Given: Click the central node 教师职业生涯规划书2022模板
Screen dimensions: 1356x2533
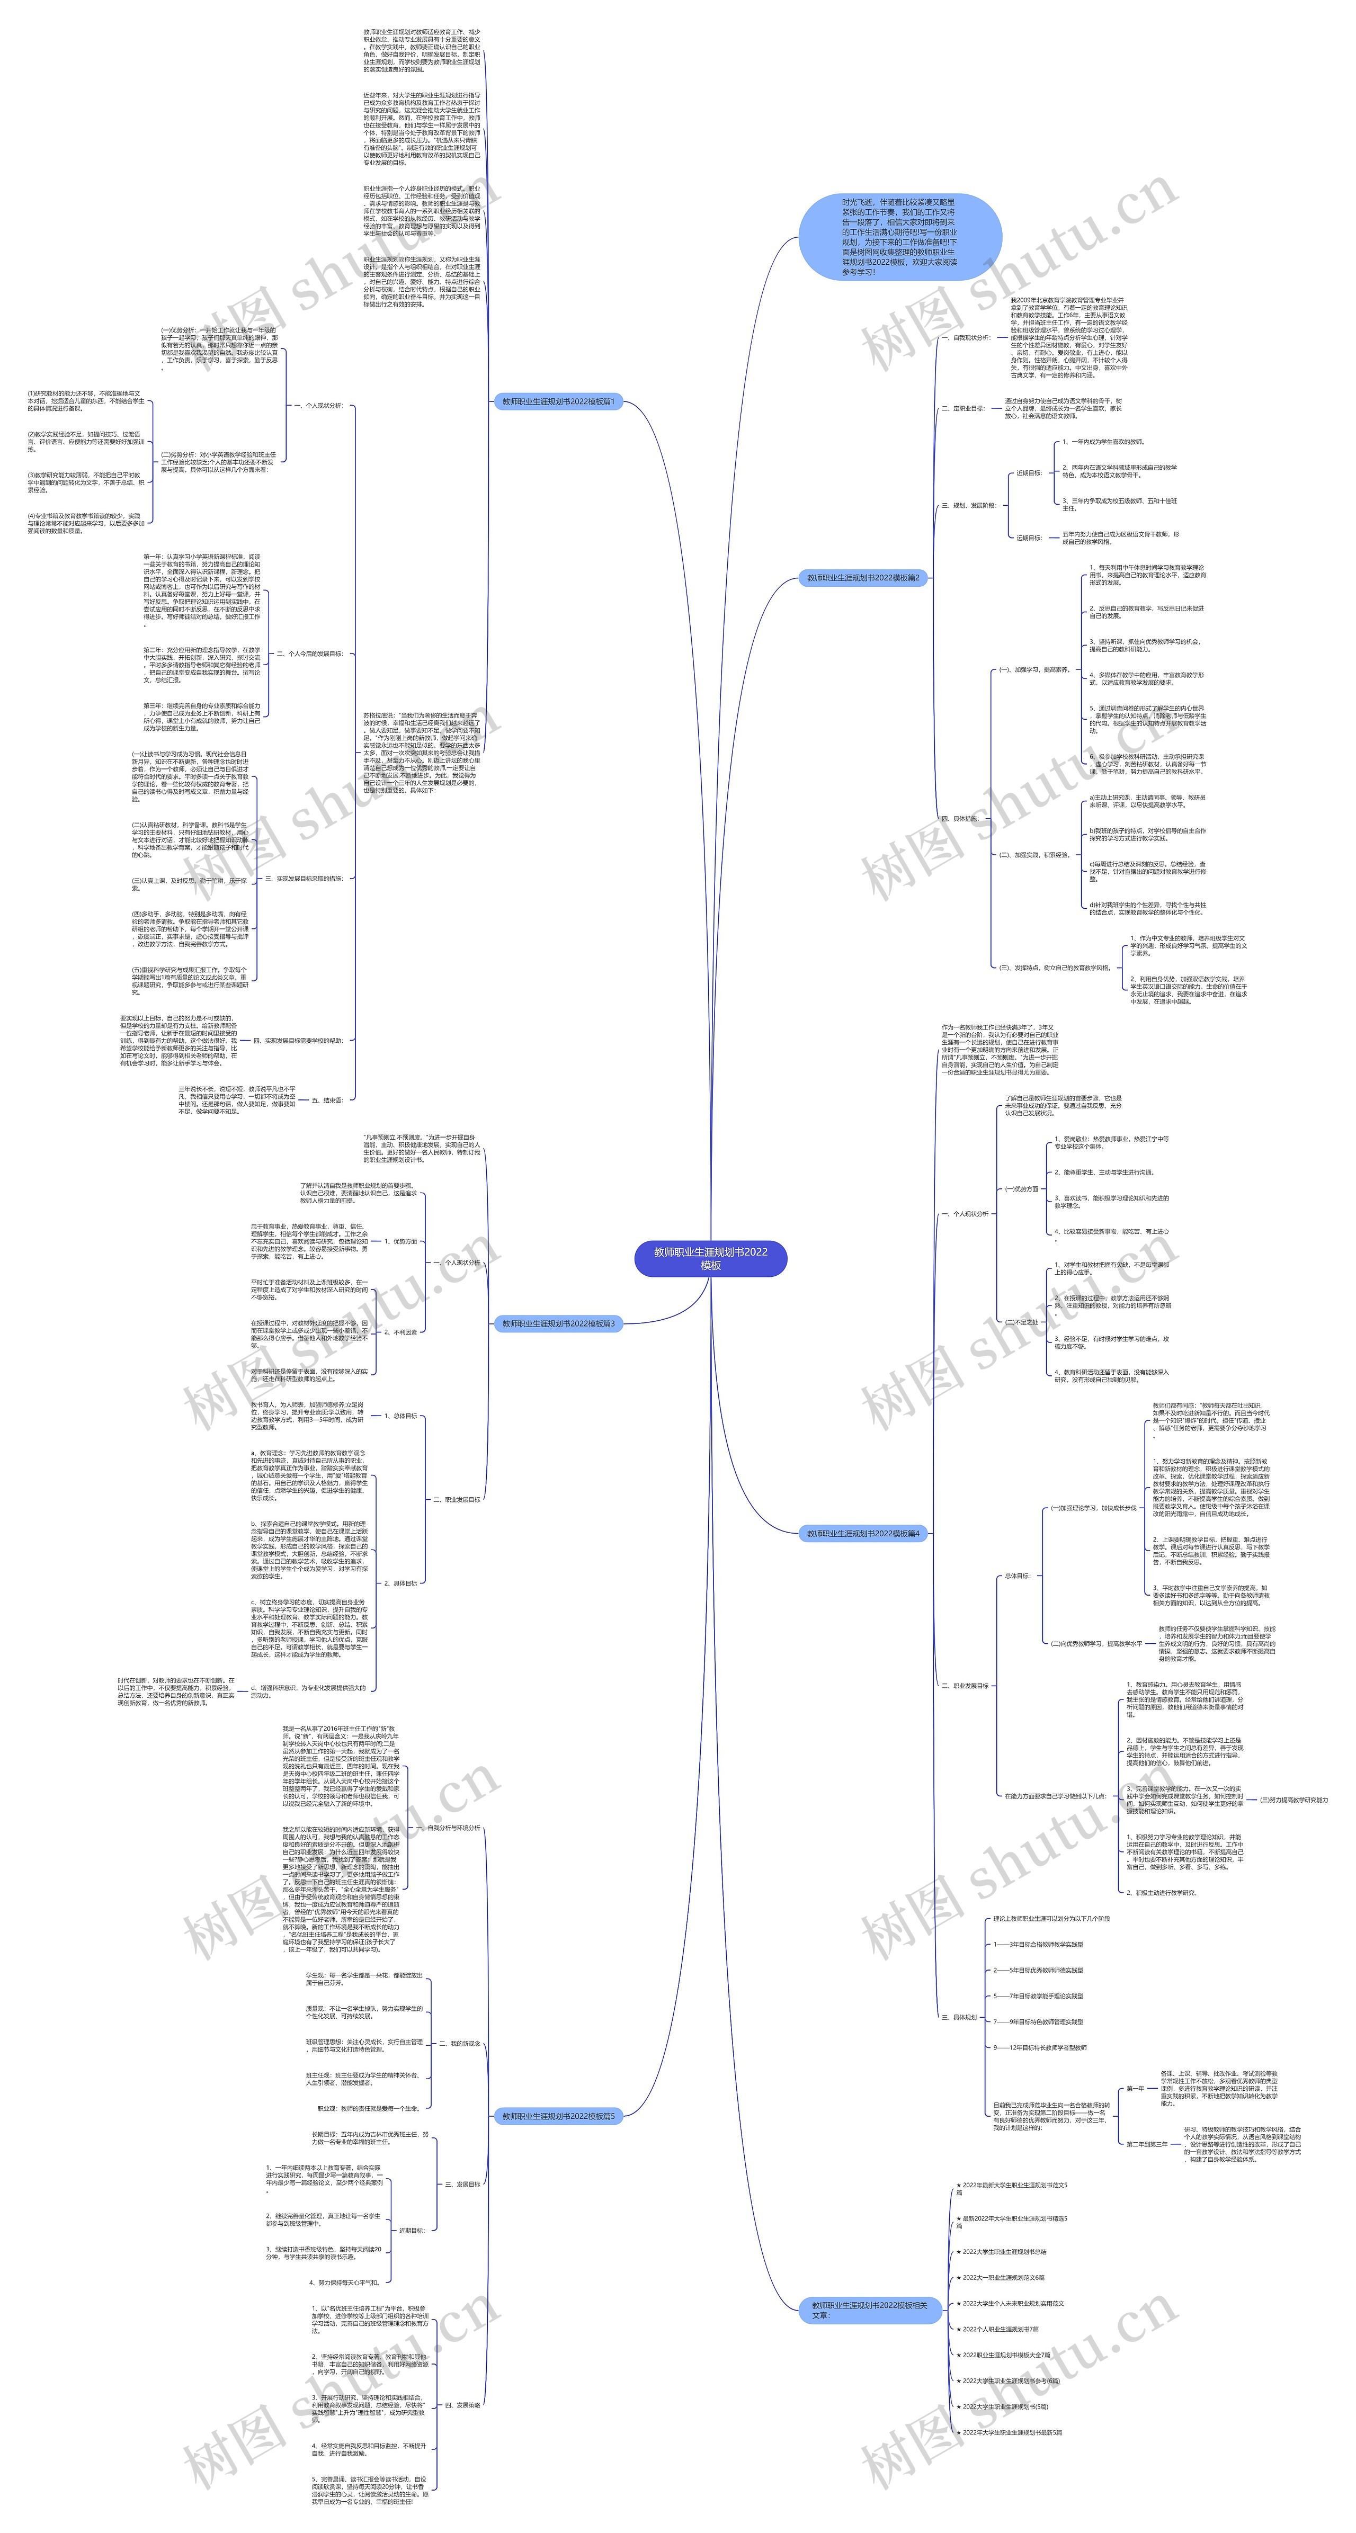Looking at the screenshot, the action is (710, 1259).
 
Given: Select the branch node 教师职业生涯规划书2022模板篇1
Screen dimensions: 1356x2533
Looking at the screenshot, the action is (558, 401).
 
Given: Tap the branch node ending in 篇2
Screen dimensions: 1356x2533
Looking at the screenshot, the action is (862, 578).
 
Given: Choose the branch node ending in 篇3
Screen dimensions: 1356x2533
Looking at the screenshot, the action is (558, 1323).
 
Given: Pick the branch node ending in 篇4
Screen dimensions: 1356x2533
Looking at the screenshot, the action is (862, 1533).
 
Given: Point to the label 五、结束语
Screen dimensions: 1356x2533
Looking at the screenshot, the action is (327, 1100).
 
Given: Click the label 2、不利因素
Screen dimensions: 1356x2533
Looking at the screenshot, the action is (400, 1332).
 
